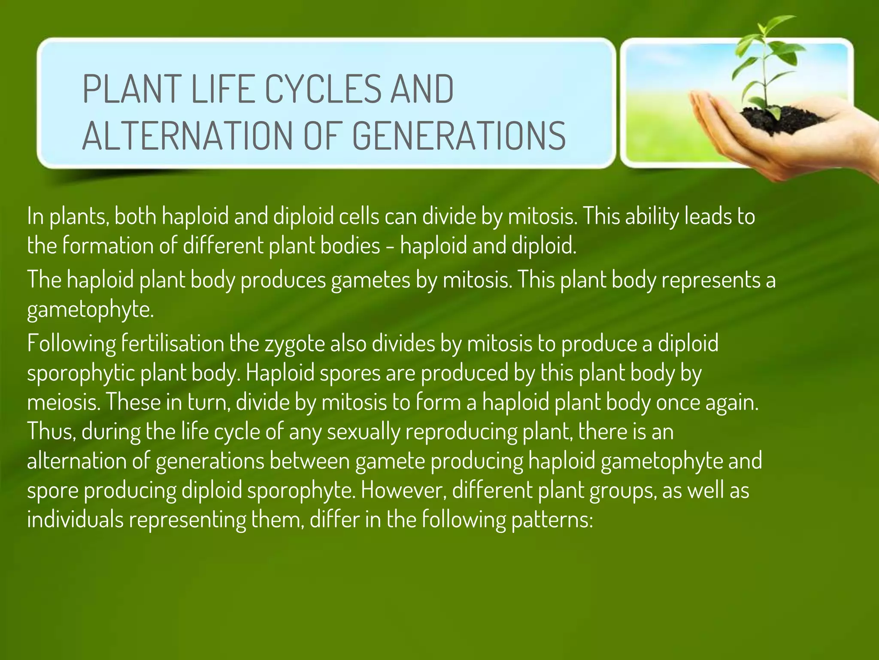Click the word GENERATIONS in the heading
[x=459, y=135]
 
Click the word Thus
[x=51, y=431]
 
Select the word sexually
[x=363, y=431]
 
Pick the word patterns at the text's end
[x=551, y=519]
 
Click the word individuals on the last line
[x=75, y=519]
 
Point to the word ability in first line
[x=652, y=216]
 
